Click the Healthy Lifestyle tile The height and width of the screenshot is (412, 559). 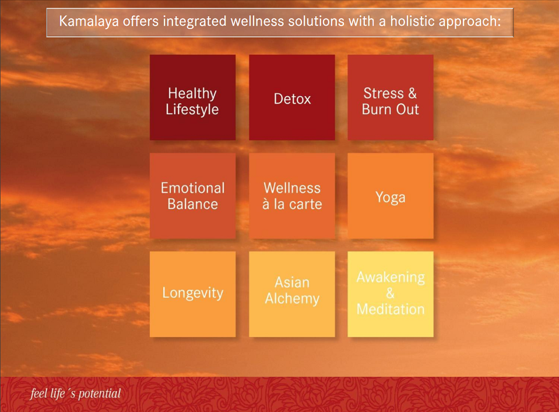[192, 97]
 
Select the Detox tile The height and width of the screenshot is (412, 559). [292, 97]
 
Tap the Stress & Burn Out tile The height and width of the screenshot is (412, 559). [391, 97]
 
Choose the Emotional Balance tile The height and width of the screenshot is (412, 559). [192, 196]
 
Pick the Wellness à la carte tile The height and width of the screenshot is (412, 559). [292, 196]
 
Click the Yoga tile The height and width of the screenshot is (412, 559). [391, 196]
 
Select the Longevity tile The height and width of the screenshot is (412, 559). [192, 294]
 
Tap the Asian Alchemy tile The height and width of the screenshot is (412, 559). [292, 294]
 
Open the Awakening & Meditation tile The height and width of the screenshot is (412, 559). [391, 294]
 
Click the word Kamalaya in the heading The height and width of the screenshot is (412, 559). [89, 22]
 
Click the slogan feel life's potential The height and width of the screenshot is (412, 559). [76, 393]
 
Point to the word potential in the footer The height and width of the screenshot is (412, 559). [100, 394]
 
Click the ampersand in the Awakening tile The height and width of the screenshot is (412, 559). [391, 293]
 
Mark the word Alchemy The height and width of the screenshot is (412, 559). [292, 299]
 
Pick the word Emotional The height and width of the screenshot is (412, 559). [192, 188]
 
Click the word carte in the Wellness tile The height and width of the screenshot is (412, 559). [305, 204]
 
